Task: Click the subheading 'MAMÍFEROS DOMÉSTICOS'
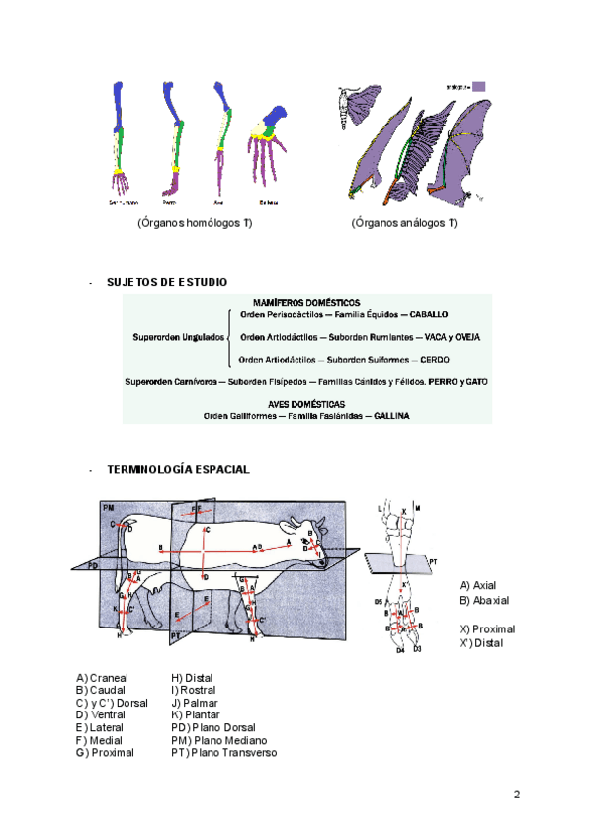[x=306, y=302]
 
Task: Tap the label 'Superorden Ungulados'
[x=174, y=337]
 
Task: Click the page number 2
[x=515, y=795]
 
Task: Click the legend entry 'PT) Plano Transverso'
[x=223, y=753]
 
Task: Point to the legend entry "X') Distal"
[x=482, y=644]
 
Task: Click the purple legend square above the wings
[x=478, y=86]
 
